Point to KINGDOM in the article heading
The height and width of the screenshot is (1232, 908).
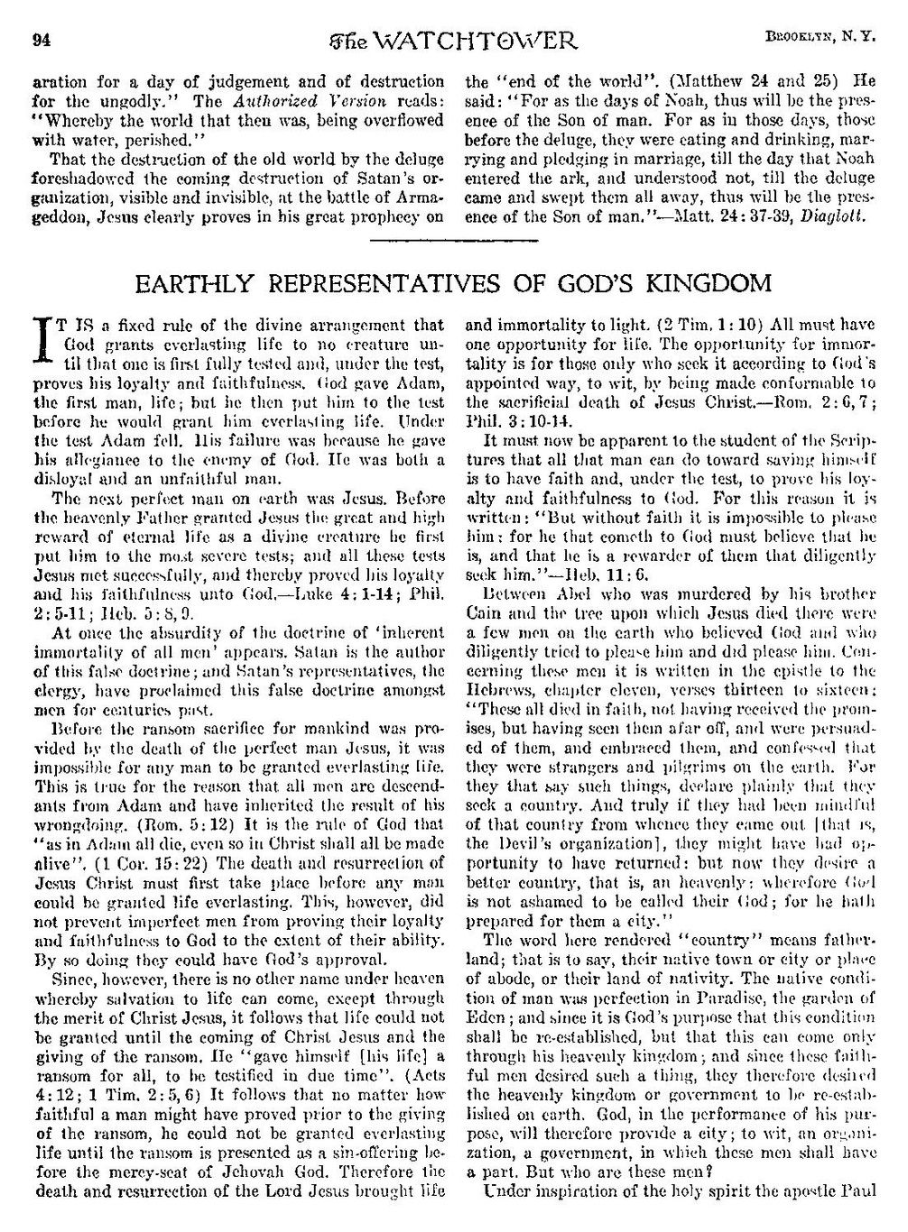(x=705, y=284)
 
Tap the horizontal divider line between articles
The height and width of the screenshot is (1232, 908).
(x=454, y=242)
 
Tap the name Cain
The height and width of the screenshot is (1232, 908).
(x=481, y=614)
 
